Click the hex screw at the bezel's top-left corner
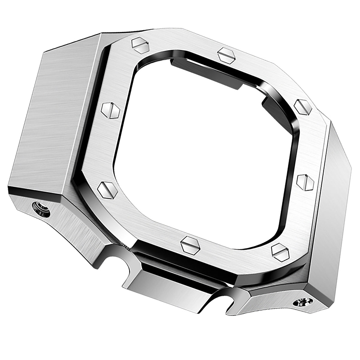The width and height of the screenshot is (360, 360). (x=141, y=47)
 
